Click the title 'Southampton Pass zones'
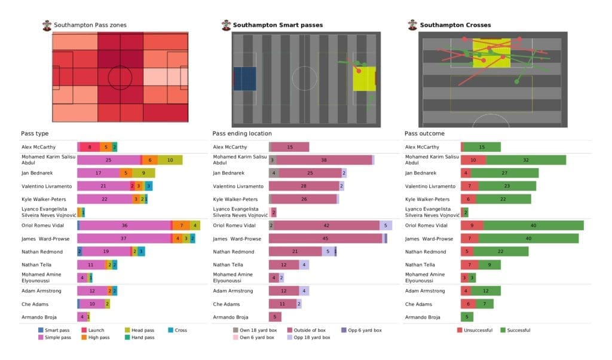click(x=90, y=25)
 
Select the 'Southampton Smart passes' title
click(x=277, y=25)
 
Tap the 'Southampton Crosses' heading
click(x=455, y=25)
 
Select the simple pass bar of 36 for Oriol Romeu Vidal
click(x=125, y=225)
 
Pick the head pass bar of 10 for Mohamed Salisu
click(x=170, y=160)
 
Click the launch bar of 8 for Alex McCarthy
click(x=90, y=147)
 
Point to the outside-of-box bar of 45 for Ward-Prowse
click(x=326, y=239)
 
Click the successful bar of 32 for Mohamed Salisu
click(x=526, y=160)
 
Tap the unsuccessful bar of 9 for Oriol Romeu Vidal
click(x=472, y=225)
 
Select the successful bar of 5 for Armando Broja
click(x=467, y=317)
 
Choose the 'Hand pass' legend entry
click(x=142, y=337)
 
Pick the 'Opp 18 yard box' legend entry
click(x=309, y=337)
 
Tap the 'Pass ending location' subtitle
click(x=242, y=133)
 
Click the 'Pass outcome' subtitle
click(x=424, y=133)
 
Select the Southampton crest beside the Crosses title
click(x=412, y=25)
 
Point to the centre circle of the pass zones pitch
click(x=120, y=77)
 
